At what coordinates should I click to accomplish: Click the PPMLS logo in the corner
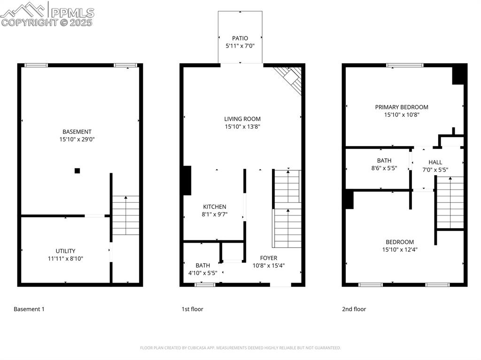(47, 14)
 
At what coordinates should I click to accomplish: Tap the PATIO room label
(240, 38)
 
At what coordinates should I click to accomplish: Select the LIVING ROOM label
(242, 119)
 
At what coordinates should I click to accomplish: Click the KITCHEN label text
(215, 207)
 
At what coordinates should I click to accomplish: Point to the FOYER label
(269, 258)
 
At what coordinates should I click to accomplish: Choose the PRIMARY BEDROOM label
(402, 107)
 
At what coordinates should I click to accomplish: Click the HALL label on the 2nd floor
(435, 162)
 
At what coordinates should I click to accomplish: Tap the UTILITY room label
(65, 251)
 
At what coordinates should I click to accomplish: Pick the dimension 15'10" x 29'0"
(77, 139)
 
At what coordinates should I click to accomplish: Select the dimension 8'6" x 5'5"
(384, 168)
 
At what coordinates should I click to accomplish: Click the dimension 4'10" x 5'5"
(203, 273)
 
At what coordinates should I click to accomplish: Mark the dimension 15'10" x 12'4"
(400, 250)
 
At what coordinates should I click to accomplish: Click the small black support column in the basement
(78, 171)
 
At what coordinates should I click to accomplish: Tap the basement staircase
(125, 215)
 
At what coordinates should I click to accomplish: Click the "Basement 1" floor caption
(29, 309)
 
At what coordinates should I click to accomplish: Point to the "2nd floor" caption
(354, 309)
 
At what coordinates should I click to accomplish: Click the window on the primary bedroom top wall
(405, 65)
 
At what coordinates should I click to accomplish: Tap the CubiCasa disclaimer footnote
(240, 348)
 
